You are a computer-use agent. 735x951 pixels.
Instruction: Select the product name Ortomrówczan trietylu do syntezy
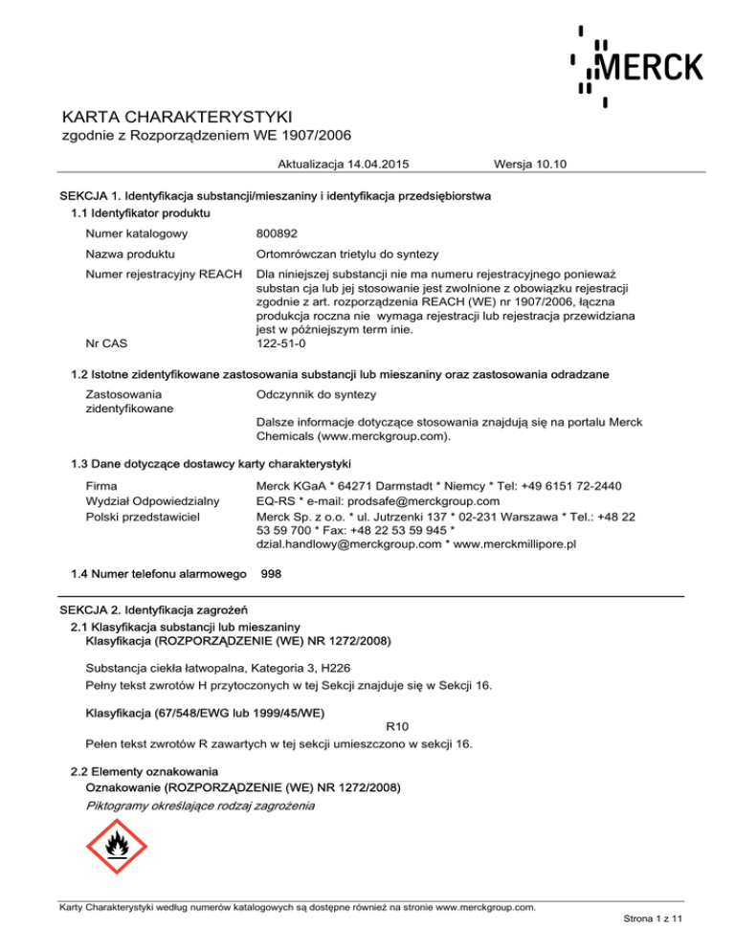pyautogui.click(x=347, y=254)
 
